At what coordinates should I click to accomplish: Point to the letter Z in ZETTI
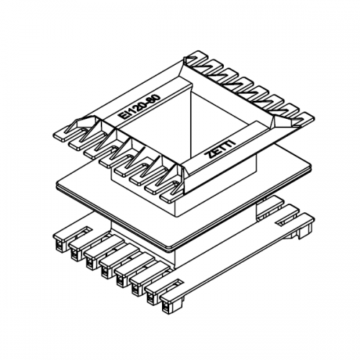[x=210, y=157]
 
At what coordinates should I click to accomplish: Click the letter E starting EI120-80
[x=122, y=117]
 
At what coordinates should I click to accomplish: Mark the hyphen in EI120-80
[x=148, y=102]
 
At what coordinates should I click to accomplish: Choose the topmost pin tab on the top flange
[x=197, y=55]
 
